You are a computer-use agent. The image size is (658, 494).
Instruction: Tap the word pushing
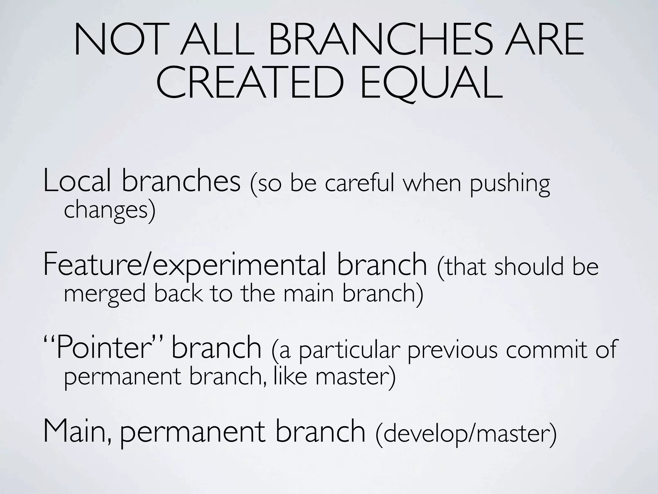pos(510,185)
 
